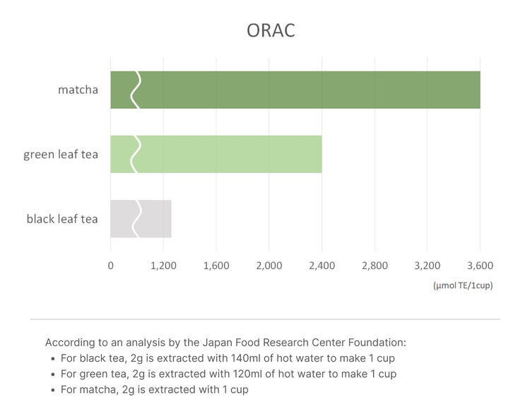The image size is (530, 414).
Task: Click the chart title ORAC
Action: click(x=271, y=31)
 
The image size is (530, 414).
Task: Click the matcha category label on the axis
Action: click(x=78, y=90)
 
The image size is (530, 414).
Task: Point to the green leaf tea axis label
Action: click(x=61, y=154)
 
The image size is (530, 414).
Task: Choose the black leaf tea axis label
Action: click(x=62, y=218)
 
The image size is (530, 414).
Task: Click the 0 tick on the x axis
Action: click(x=110, y=266)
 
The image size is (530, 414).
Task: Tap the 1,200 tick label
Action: click(x=163, y=266)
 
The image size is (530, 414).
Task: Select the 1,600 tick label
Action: click(x=216, y=266)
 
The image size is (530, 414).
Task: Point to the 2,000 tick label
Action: click(x=269, y=266)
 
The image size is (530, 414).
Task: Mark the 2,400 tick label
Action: click(x=322, y=266)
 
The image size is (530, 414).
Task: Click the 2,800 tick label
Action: click(x=375, y=266)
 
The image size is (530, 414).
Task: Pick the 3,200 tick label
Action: click(x=427, y=266)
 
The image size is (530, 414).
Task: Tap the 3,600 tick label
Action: click(x=480, y=266)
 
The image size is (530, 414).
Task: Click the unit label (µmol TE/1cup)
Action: click(x=463, y=285)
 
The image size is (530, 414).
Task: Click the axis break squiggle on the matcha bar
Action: click(x=136, y=90)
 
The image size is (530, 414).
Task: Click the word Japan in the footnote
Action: click(x=187, y=343)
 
